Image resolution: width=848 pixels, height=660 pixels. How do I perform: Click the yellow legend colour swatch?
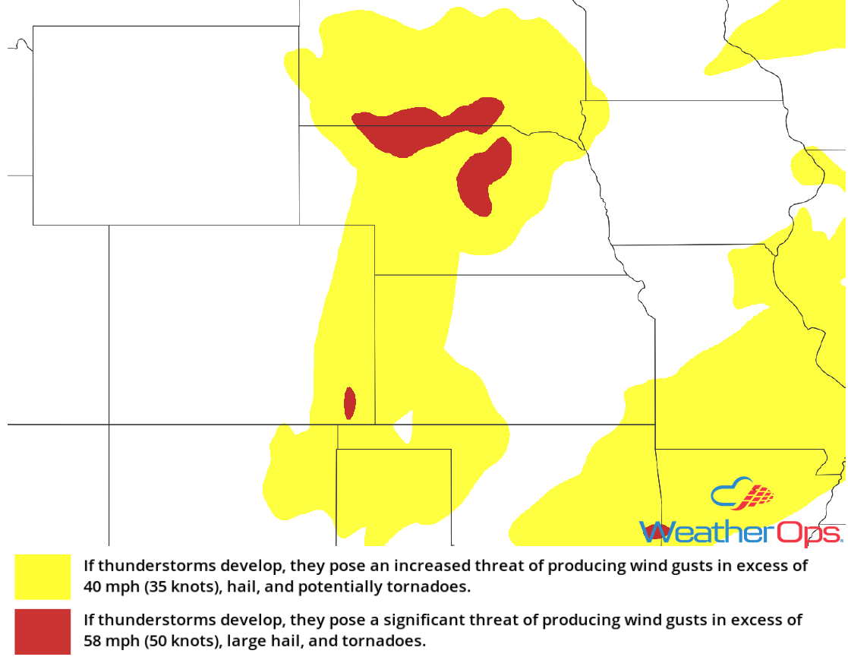click(43, 576)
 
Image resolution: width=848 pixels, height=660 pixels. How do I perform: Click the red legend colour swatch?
click(43, 631)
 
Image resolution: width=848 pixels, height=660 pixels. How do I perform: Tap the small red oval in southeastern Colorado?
click(349, 403)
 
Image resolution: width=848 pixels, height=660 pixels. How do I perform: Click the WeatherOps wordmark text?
click(740, 532)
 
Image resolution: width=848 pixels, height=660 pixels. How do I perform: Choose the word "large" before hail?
click(236, 641)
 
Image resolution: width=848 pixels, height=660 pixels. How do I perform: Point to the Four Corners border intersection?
click(109, 424)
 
